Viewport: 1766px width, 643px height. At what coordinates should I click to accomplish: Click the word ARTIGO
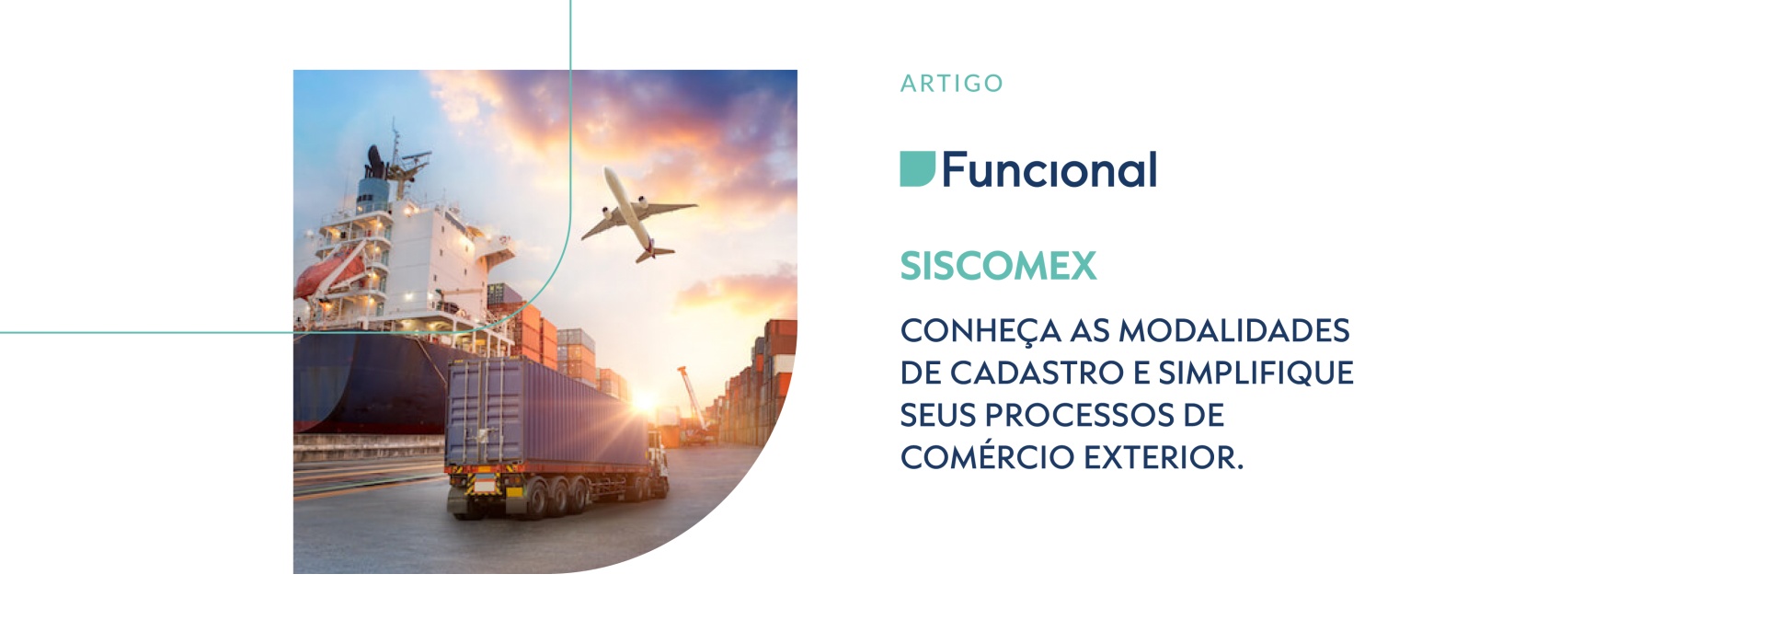pyautogui.click(x=951, y=84)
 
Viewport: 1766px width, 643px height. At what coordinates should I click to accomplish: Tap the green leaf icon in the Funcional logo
pyautogui.click(x=917, y=169)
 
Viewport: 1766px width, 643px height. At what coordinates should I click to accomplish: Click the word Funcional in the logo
pyautogui.click(x=1049, y=169)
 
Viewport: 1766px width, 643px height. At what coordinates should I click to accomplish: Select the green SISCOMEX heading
pyautogui.click(x=998, y=266)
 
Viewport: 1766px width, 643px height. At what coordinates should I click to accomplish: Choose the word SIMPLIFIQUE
pyautogui.click(x=1256, y=373)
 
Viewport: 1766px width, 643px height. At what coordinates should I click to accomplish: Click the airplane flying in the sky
pyautogui.click(x=636, y=214)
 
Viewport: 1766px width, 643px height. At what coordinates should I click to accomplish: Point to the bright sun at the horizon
pyautogui.click(x=644, y=401)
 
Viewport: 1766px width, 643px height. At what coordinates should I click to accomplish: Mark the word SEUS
pyautogui.click(x=937, y=415)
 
